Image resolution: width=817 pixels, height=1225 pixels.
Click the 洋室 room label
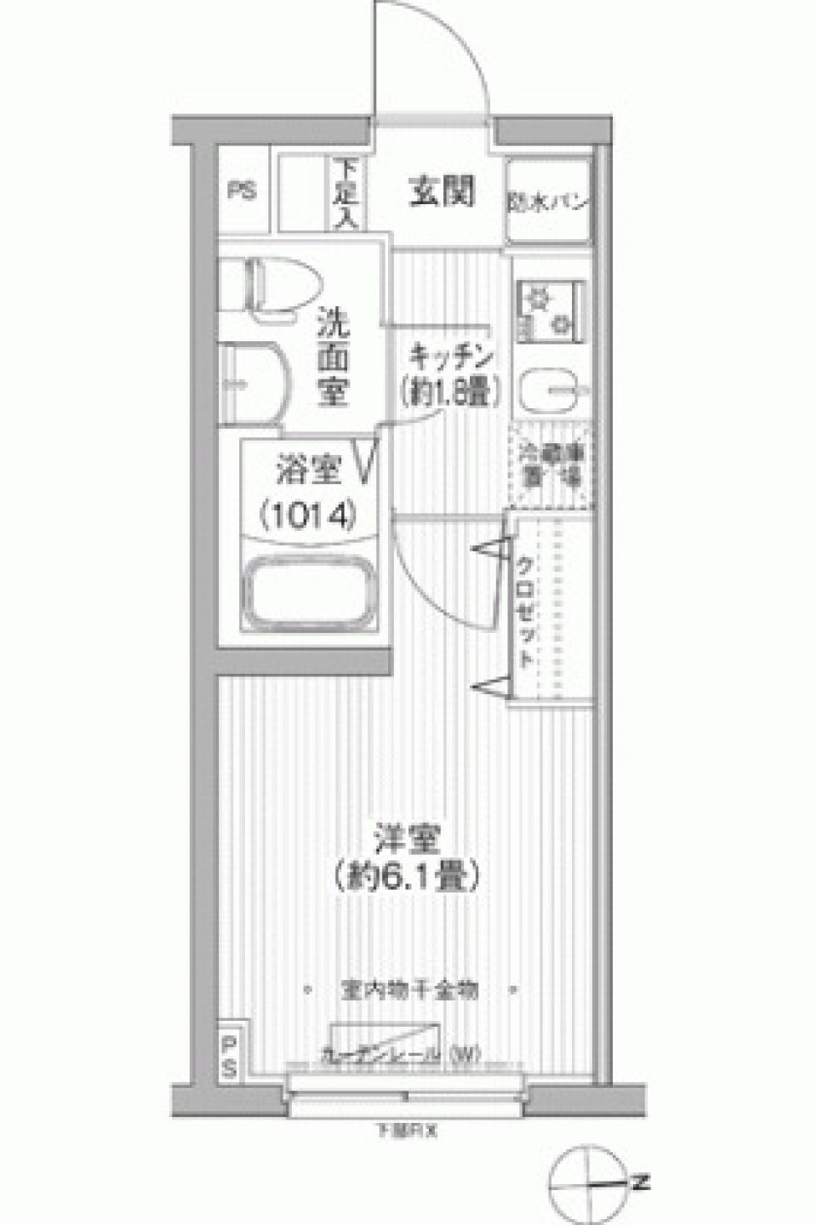coord(408,840)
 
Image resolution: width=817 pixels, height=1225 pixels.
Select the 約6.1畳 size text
coord(408,875)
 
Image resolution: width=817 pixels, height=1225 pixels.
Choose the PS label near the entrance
coord(242,192)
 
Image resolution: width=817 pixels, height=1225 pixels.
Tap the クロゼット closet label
coord(527,612)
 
